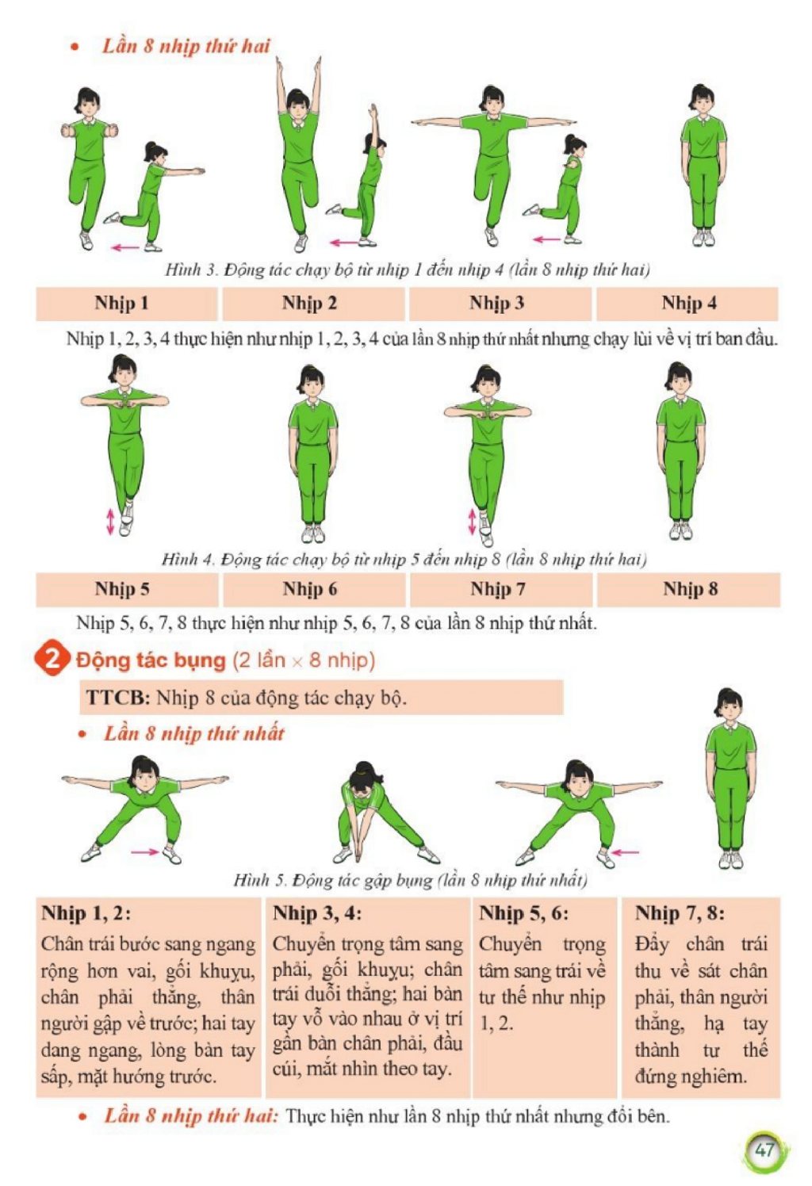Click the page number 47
[x=764, y=1150]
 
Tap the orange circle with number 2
[x=52, y=660]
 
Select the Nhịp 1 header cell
[x=127, y=304]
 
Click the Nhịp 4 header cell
[x=688, y=304]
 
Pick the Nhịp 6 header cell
[x=313, y=589]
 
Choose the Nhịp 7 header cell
[x=500, y=589]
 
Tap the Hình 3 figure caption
[x=407, y=270]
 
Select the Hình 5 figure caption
[x=411, y=880]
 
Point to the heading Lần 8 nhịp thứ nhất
[x=193, y=733]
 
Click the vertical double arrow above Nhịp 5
[x=110, y=521]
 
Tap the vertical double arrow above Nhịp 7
[x=473, y=521]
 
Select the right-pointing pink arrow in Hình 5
[x=145, y=851]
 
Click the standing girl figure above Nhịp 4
[x=703, y=165]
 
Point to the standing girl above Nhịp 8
[x=680, y=450]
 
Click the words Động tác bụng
[x=151, y=660]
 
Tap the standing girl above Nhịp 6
[x=313, y=453]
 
